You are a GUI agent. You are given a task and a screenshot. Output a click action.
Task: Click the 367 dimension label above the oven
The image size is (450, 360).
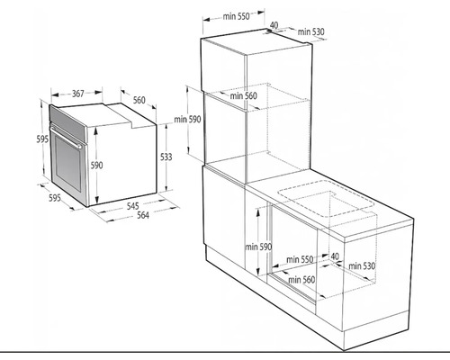[x=78, y=94]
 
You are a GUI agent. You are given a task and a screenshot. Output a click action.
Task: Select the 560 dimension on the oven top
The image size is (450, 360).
[x=139, y=100]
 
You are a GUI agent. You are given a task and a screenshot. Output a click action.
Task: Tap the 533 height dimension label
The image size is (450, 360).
[x=166, y=157]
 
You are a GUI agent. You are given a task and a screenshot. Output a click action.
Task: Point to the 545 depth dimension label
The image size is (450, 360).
[x=132, y=206]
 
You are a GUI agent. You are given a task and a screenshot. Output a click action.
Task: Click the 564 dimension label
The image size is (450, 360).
[x=143, y=215]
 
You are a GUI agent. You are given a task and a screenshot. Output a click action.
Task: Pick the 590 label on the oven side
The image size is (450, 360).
[x=96, y=166]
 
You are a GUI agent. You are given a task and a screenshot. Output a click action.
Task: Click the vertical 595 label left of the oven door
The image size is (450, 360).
[x=42, y=139]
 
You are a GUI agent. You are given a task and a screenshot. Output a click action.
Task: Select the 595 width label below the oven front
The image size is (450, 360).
[x=55, y=198]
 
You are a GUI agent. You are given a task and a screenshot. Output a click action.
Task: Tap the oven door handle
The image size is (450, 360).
[x=67, y=138]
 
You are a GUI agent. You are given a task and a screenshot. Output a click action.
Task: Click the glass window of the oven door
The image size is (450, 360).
[x=67, y=165]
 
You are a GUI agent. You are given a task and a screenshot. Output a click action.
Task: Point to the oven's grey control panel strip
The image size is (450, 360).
[x=67, y=121]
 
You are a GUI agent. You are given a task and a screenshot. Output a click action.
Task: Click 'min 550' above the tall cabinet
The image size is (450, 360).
[x=236, y=16]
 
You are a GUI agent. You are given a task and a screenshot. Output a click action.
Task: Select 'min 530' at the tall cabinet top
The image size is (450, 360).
[x=310, y=31]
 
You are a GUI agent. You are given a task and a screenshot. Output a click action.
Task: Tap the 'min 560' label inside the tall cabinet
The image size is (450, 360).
[x=244, y=96]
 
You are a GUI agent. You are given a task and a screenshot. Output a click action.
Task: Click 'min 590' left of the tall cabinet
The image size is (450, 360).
[x=187, y=120]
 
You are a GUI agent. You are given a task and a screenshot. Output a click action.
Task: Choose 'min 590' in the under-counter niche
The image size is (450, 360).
[x=258, y=247]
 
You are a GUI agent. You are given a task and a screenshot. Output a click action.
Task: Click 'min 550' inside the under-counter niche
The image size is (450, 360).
[x=300, y=259]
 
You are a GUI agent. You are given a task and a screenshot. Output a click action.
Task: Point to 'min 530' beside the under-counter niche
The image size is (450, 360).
[x=362, y=265]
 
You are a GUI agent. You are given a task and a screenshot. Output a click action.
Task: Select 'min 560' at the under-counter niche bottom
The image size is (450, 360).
[x=301, y=280]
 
